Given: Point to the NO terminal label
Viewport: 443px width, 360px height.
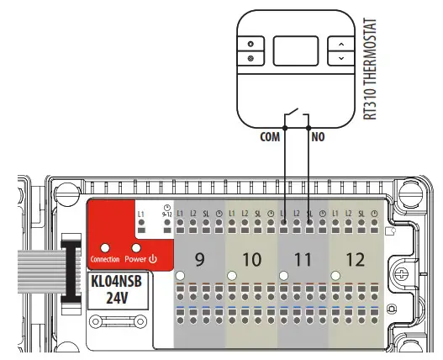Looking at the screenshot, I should tap(319, 135).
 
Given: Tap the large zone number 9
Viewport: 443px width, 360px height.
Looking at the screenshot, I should tap(199, 259).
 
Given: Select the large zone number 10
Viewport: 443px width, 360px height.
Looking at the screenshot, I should tap(252, 259).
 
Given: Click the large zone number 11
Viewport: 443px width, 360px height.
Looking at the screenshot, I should tap(304, 259).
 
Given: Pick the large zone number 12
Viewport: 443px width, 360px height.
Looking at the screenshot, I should tap(356, 259).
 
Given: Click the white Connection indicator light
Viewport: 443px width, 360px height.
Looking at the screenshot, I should tap(104, 248).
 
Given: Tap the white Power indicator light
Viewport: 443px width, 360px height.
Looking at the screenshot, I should tap(134, 248).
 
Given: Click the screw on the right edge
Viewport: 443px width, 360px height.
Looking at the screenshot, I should tap(404, 273).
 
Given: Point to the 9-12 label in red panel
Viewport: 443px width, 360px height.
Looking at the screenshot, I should tap(169, 216).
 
